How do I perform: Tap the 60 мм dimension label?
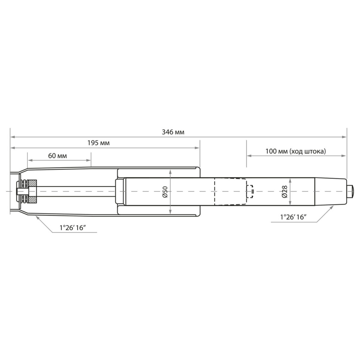[x=57, y=156]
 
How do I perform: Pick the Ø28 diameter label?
[x=284, y=191]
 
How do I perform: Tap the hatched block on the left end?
[x=32, y=191]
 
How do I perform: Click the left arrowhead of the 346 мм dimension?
[x=13, y=137]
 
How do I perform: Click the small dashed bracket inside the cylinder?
[x=249, y=191]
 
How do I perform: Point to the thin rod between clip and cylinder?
[x=75, y=191]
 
